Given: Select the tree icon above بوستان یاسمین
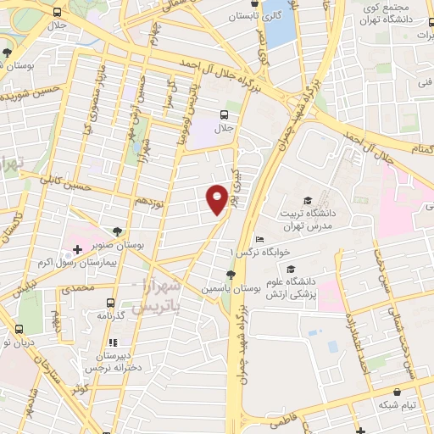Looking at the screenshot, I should click(231, 274).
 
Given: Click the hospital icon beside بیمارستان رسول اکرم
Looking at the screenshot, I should click(77, 249).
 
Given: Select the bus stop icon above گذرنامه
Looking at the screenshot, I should click(110, 302).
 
